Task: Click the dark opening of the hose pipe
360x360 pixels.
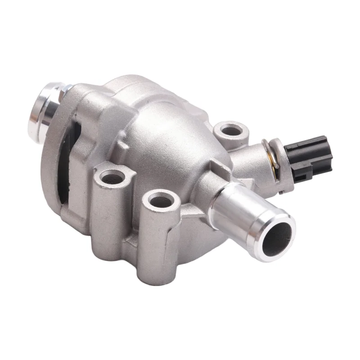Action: click(275, 235)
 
